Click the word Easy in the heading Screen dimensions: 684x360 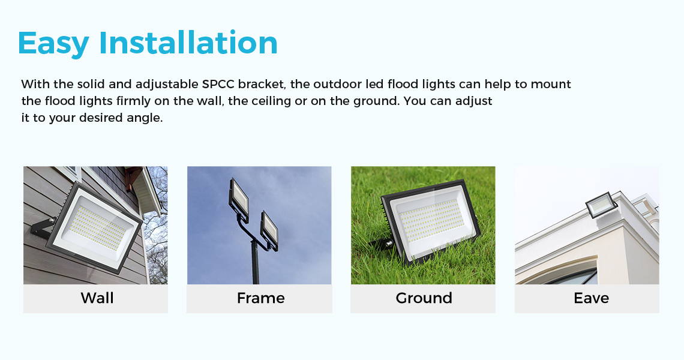click(x=53, y=44)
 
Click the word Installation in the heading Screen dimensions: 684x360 click(x=188, y=43)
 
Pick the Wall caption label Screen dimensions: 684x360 click(x=97, y=298)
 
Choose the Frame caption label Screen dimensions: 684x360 click(x=260, y=298)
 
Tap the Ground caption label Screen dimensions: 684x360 click(x=424, y=298)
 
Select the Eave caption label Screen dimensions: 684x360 click(x=591, y=298)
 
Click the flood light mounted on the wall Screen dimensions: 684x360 click(x=94, y=228)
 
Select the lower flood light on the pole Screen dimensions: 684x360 click(x=269, y=230)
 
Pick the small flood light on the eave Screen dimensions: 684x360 click(x=601, y=205)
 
